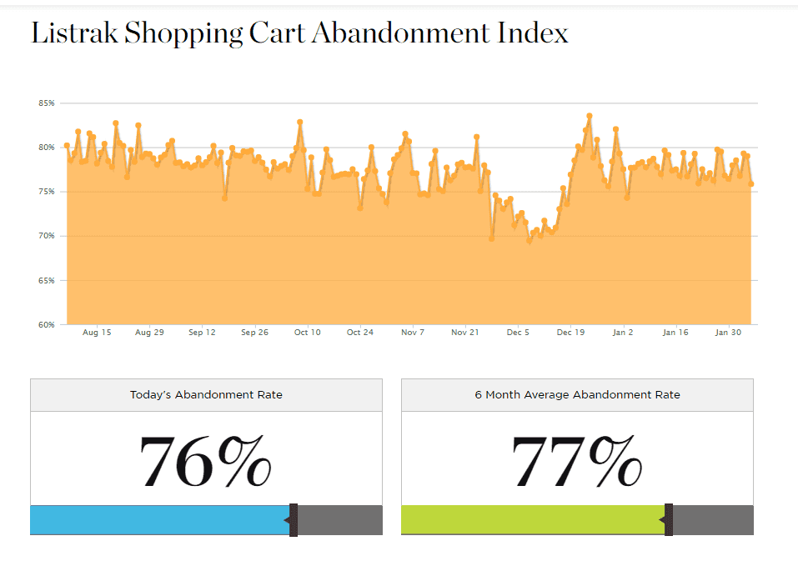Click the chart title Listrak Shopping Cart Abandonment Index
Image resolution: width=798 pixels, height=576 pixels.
(x=299, y=33)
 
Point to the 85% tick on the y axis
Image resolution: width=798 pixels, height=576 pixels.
(x=46, y=103)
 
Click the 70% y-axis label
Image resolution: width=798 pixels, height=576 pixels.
(x=46, y=236)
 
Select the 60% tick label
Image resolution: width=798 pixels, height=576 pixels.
(x=46, y=324)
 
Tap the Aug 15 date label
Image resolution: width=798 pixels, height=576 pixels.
(x=97, y=333)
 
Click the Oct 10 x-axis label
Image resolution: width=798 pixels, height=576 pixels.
(x=307, y=333)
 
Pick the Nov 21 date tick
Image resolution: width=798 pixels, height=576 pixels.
(x=465, y=333)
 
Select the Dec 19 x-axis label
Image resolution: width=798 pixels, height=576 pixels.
(x=570, y=333)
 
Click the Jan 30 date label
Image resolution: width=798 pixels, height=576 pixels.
(x=729, y=333)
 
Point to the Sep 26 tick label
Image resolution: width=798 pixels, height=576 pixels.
(x=254, y=333)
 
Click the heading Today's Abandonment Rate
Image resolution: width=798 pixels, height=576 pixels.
(x=206, y=394)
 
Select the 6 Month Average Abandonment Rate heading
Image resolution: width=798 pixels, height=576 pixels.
(x=577, y=394)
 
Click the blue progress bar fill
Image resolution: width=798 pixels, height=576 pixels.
(x=158, y=520)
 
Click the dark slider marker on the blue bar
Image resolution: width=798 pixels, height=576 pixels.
(x=294, y=520)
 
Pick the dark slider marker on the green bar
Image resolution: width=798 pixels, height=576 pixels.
(x=669, y=520)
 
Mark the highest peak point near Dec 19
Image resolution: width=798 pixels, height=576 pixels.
(x=589, y=116)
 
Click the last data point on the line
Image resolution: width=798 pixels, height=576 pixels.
(x=751, y=184)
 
